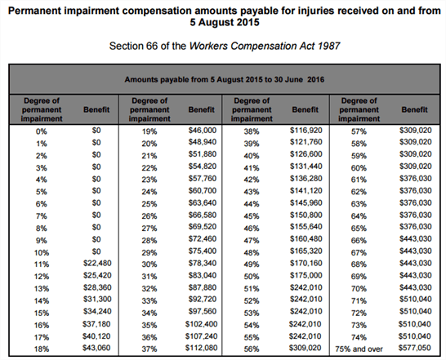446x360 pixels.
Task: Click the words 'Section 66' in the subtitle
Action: click(x=134, y=47)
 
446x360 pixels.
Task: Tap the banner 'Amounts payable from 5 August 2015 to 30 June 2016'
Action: click(x=222, y=81)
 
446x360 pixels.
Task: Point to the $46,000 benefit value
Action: click(x=201, y=130)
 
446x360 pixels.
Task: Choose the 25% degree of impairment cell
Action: click(x=149, y=204)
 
